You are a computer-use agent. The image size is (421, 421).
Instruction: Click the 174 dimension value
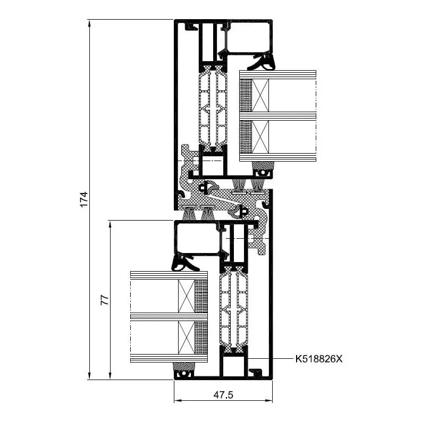pos(84,199)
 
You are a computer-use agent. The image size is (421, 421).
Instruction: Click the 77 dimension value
pos(105,300)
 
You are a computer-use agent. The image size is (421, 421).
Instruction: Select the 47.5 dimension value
pos(223,395)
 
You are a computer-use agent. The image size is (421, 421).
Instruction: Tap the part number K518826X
pos(319,359)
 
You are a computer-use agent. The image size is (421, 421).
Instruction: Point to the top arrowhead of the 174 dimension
pos(90,24)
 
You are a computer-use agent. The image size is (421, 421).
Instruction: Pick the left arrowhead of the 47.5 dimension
pos(179,401)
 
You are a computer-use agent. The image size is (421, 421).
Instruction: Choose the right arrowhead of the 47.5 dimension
pos(268,401)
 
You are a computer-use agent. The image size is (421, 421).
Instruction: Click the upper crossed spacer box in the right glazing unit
pos(260,95)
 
